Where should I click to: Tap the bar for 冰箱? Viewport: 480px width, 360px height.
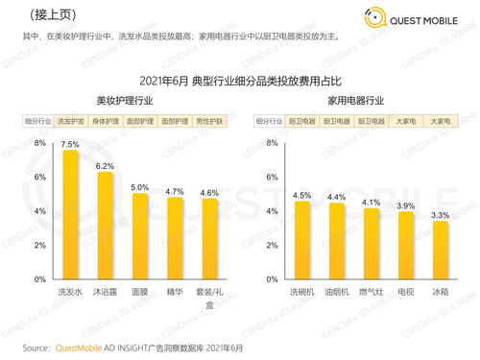440,251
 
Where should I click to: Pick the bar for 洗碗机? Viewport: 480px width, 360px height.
301,240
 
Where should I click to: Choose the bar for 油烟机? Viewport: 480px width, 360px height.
336,241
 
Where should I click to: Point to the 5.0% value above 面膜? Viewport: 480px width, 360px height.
139,187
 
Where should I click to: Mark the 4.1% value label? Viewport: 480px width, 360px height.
371,203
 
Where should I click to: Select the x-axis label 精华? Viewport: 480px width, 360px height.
174,288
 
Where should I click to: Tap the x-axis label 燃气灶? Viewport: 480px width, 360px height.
371,288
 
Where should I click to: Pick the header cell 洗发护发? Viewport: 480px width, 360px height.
71,122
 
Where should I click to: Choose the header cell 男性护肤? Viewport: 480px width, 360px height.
208,122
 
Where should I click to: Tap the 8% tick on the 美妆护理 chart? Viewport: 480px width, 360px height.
40,143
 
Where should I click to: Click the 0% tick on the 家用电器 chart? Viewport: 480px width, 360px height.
273,279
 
